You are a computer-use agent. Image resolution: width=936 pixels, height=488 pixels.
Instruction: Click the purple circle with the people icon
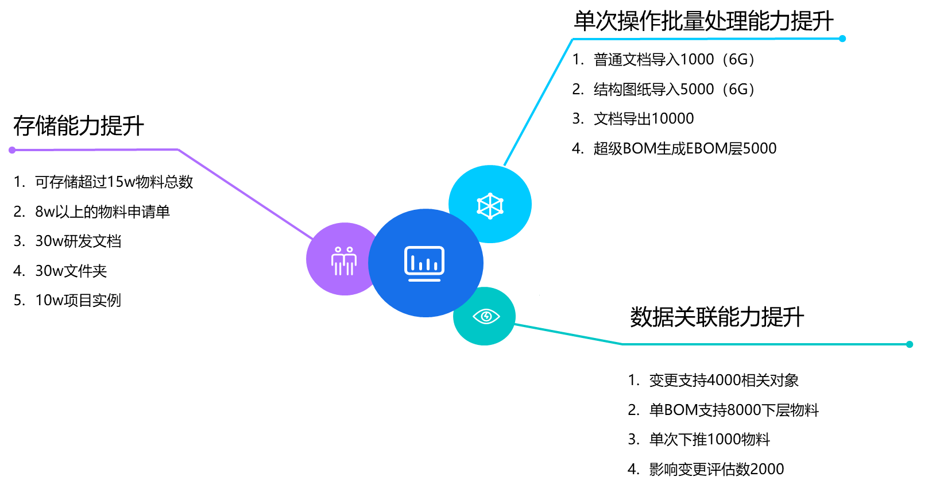(333, 276)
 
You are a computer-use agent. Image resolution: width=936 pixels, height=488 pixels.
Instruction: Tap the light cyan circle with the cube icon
(505, 184)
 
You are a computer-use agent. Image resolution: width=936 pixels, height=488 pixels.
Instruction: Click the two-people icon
(344, 261)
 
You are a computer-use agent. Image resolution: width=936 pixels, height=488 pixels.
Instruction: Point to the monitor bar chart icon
(424, 263)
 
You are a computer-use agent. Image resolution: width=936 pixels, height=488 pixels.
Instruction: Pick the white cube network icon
(490, 205)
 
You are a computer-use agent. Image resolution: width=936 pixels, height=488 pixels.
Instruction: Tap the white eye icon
(486, 316)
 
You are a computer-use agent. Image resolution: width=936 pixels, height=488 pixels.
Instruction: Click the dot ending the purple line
(12, 150)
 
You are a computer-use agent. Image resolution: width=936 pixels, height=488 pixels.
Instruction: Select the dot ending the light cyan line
(842, 39)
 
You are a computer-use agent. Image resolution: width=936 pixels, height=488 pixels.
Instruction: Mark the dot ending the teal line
(910, 344)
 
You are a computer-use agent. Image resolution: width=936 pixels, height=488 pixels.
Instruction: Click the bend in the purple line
(179, 149)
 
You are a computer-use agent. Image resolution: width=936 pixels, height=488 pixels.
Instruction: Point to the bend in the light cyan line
(573, 39)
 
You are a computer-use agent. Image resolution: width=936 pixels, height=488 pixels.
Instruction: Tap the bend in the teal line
(622, 344)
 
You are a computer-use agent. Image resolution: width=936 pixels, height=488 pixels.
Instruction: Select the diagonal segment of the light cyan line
(538, 102)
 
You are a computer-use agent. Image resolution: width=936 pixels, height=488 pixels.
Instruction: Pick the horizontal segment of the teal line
(764, 344)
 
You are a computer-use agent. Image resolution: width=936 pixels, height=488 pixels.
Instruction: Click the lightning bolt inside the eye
(486, 316)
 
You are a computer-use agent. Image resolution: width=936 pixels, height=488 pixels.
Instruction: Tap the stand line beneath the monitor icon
(424, 280)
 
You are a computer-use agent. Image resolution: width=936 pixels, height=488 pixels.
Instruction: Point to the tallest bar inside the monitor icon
(413, 263)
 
